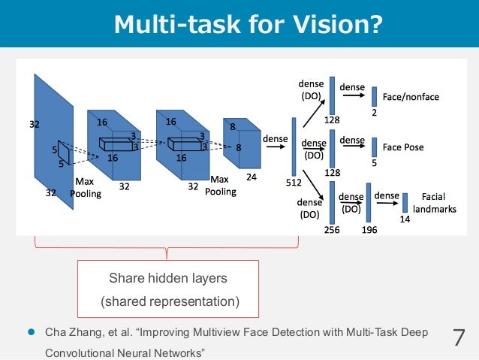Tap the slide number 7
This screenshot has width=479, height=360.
(459, 337)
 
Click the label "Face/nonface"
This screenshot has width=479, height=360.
(411, 98)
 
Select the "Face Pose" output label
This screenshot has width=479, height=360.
(403, 147)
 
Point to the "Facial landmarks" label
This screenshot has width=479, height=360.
(434, 204)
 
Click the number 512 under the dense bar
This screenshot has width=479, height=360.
(294, 182)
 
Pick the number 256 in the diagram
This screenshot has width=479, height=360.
(332, 230)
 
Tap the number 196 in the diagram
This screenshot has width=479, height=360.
(369, 230)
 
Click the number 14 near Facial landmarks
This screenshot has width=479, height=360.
(404, 219)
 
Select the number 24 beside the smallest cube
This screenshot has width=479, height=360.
(251, 179)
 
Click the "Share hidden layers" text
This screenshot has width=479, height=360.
(168, 279)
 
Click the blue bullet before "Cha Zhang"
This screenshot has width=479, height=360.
(32, 331)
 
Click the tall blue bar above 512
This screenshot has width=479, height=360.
(294, 146)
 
